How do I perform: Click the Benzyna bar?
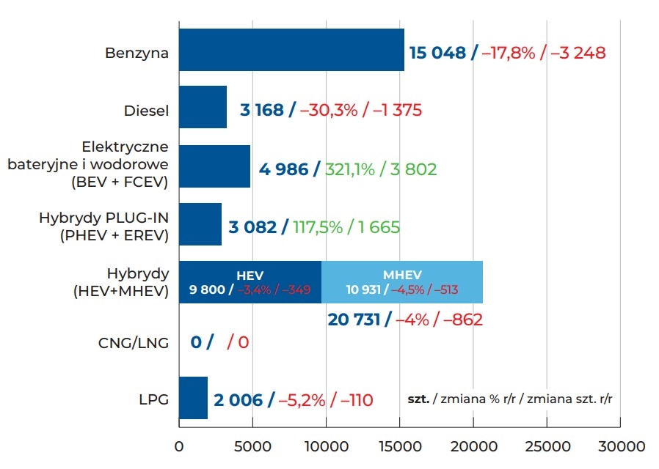point(291,50)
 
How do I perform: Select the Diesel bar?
point(203,108)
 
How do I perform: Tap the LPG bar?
point(193,398)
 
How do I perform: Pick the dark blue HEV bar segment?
point(250,282)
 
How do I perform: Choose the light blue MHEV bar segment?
point(402,282)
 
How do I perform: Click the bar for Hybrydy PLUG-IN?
point(200,224)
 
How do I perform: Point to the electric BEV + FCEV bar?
point(214,166)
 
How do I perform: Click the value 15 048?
point(437,53)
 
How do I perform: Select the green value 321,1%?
point(349,169)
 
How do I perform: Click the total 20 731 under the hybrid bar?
point(355,320)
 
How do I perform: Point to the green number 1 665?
point(379,227)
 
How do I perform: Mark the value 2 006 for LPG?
point(238,400)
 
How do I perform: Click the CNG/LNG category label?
point(134,342)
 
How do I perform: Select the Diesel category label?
point(146,111)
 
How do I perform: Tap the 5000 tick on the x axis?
point(252,446)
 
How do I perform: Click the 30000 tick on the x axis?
point(620,446)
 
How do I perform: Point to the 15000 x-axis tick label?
point(399,446)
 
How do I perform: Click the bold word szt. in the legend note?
point(419,399)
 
